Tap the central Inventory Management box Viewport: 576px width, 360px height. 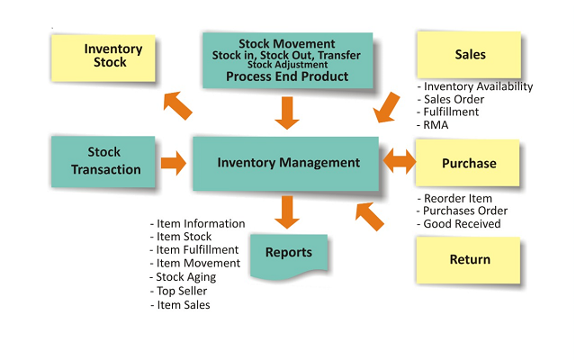(x=288, y=163)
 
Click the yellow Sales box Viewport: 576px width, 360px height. (x=469, y=55)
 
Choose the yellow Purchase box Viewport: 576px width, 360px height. (x=469, y=164)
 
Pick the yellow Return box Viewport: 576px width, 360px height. (x=469, y=260)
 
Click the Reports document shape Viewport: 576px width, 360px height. (x=288, y=253)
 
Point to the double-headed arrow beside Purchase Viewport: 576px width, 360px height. (x=400, y=163)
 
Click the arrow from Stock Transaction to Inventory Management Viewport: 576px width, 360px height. (x=173, y=163)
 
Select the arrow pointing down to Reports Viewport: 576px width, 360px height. (x=288, y=211)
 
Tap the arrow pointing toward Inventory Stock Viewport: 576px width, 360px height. (x=178, y=105)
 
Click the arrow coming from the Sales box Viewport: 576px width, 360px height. (x=387, y=106)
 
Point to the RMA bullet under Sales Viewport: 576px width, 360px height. (x=436, y=125)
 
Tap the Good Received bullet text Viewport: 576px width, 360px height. (x=462, y=224)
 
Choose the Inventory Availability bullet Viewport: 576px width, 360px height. (x=478, y=87)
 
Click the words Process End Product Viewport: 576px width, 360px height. (x=288, y=76)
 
